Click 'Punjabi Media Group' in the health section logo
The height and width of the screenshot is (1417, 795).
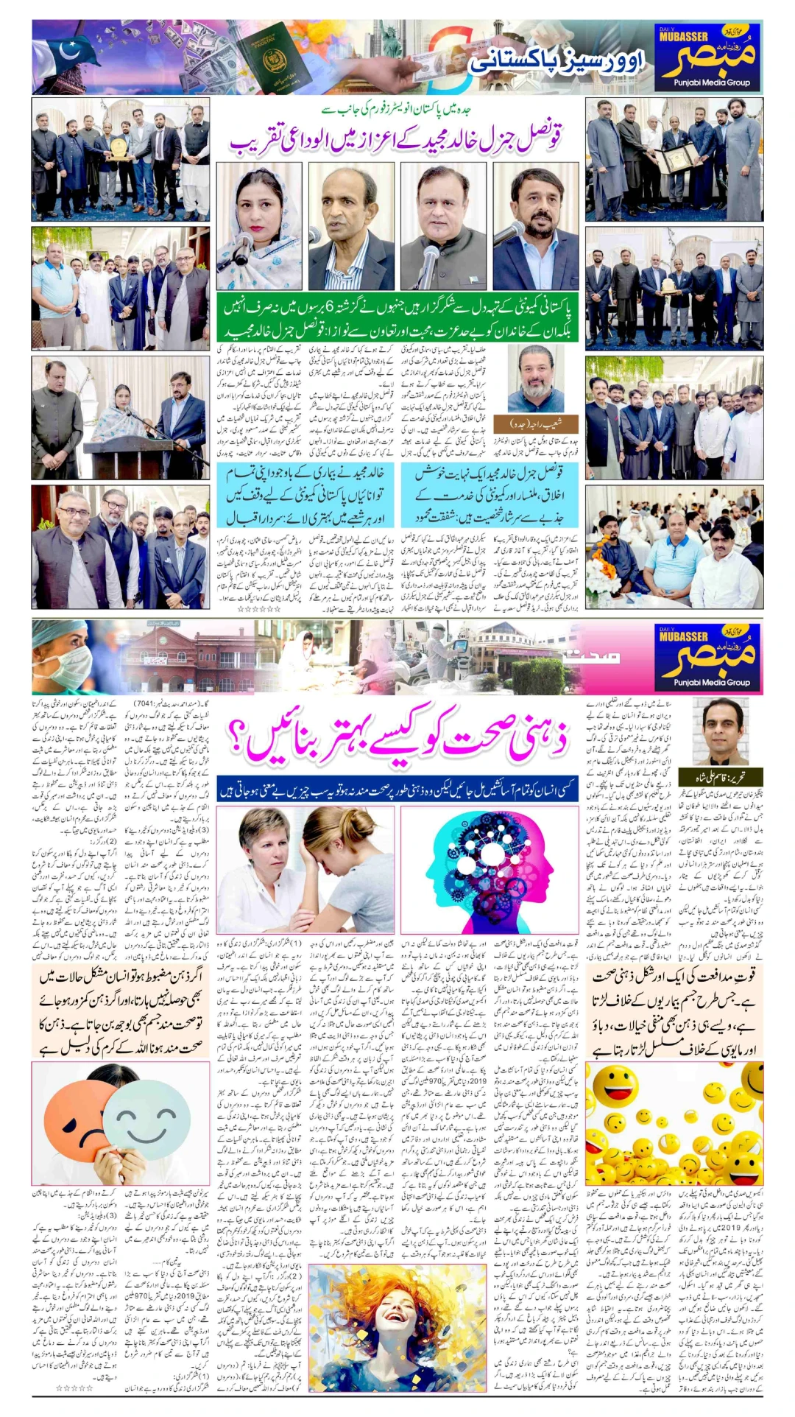click(711, 682)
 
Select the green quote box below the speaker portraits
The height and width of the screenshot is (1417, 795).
click(397, 317)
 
